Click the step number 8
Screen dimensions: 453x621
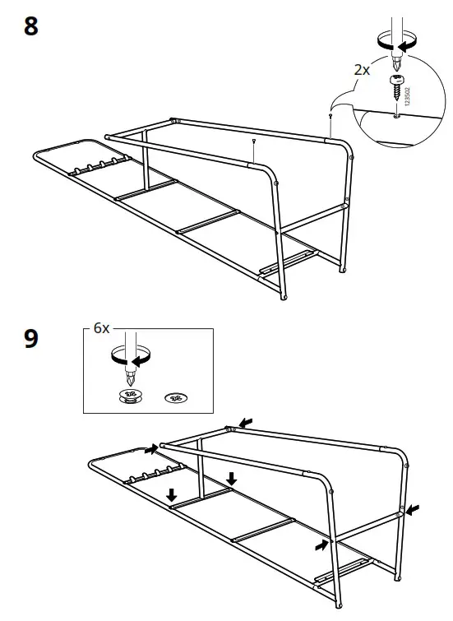pyautogui.click(x=31, y=26)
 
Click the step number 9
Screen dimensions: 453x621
pyautogui.click(x=31, y=339)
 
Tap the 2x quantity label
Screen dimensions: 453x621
pyautogui.click(x=362, y=70)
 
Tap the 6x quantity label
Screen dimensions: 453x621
pyautogui.click(x=101, y=328)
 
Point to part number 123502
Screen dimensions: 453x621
pyautogui.click(x=408, y=96)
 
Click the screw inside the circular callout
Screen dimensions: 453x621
pyautogui.click(x=396, y=86)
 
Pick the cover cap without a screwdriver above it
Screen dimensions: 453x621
pyautogui.click(x=175, y=397)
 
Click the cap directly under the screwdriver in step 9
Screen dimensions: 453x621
pyautogui.click(x=130, y=396)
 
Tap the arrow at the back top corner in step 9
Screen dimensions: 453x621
pyautogui.click(x=246, y=422)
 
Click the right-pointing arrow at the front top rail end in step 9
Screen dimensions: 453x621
pyautogui.click(x=151, y=449)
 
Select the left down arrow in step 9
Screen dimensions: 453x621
pyautogui.click(x=172, y=494)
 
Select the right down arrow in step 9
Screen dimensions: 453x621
pyautogui.click(x=232, y=479)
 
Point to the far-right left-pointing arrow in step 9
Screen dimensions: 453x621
pyautogui.click(x=412, y=510)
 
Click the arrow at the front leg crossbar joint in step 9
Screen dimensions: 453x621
pyautogui.click(x=322, y=545)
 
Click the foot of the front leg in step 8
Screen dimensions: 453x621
pyautogui.click(x=283, y=297)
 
